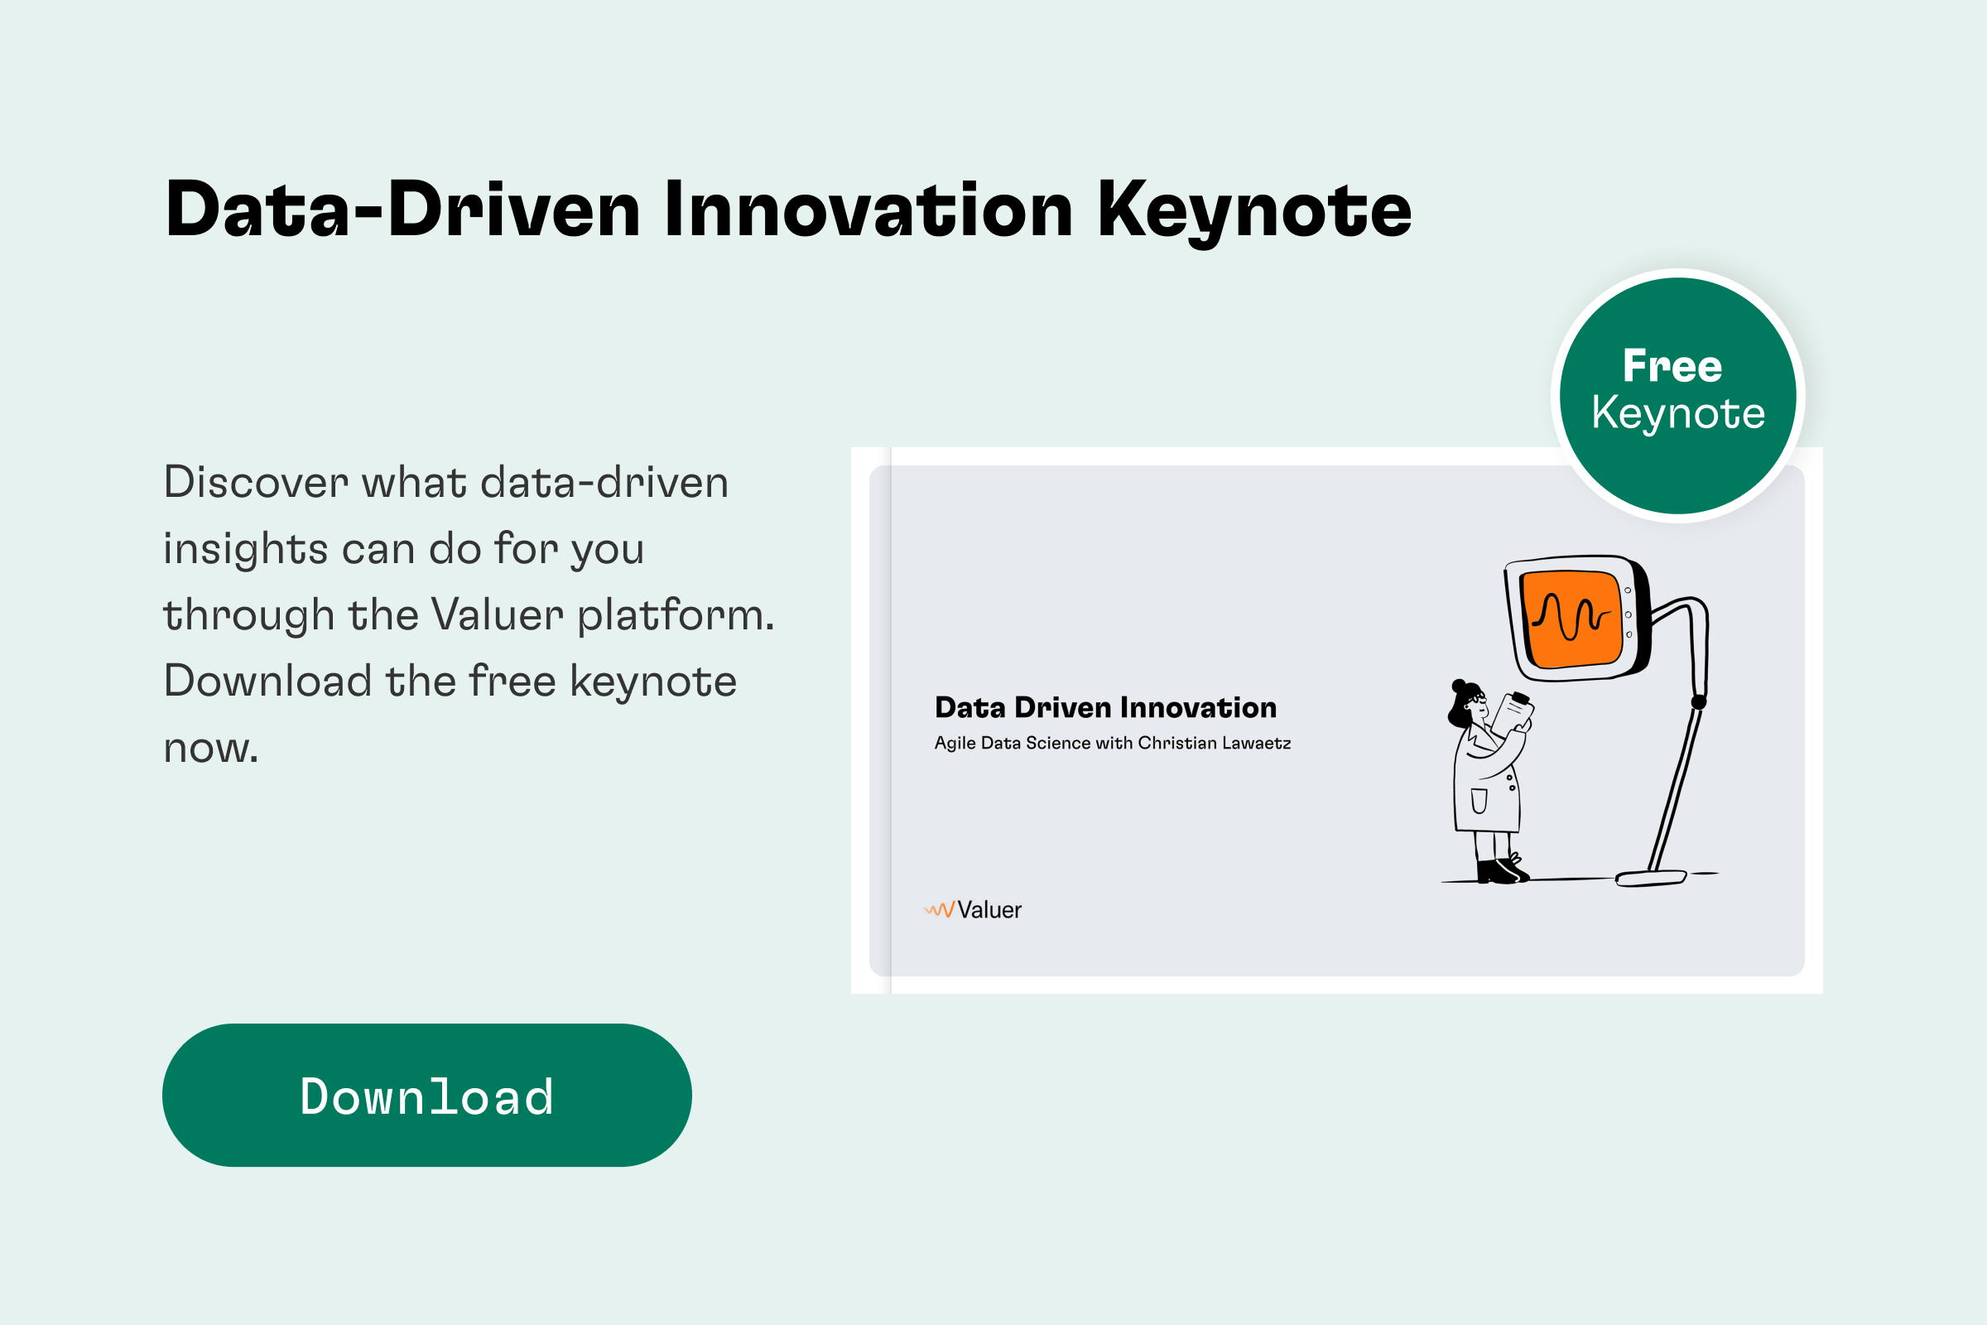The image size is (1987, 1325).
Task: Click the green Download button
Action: point(426,1095)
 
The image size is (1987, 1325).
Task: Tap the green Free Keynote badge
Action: point(1678,396)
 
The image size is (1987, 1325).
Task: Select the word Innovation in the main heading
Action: point(868,209)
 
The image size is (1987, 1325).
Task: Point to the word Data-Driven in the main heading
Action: point(403,209)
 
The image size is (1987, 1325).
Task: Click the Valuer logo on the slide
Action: point(974,910)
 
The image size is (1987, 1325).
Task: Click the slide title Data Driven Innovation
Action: point(1105,708)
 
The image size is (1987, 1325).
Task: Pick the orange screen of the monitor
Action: point(1572,619)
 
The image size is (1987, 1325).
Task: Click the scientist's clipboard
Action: point(1513,715)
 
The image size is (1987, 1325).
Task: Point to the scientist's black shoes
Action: point(1501,870)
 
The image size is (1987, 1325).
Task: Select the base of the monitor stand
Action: point(1651,878)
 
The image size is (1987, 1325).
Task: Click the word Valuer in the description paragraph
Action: point(498,615)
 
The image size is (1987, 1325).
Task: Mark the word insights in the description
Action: point(245,549)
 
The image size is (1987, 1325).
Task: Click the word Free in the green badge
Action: point(1672,366)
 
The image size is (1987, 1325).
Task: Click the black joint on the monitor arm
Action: point(1699,701)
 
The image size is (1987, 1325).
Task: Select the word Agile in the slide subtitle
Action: point(955,743)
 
